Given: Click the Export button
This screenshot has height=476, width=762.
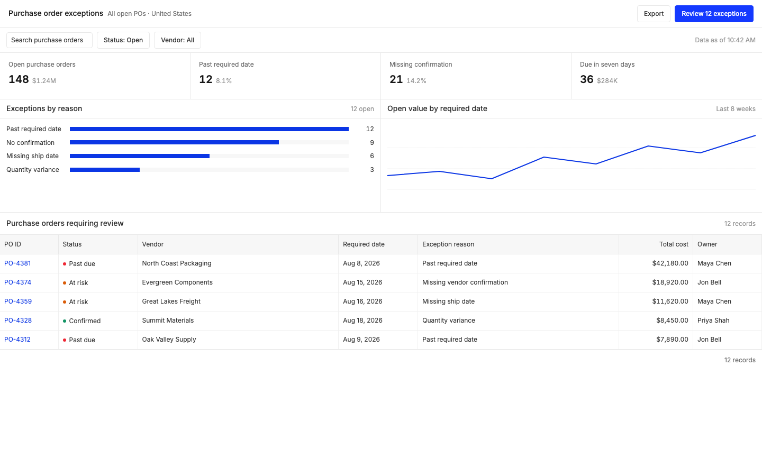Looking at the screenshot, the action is [x=654, y=14].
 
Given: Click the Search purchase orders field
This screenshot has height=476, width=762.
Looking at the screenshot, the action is [x=49, y=40].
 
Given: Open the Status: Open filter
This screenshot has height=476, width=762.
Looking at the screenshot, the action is [x=123, y=40].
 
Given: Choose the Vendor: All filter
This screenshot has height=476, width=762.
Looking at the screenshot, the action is [x=177, y=40].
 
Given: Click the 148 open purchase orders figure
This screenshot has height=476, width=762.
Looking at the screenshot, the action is [x=19, y=79].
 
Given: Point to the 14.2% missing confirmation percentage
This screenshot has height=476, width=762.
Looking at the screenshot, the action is [x=416, y=80].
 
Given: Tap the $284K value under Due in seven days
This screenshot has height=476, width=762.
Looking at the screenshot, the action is [x=607, y=80].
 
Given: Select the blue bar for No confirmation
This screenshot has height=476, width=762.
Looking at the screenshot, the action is [x=174, y=142].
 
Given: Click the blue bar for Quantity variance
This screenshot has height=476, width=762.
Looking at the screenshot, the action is [x=105, y=170].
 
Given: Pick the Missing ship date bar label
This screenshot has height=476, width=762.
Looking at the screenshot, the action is [x=32, y=155].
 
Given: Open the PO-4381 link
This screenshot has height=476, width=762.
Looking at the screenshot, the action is [x=17, y=263].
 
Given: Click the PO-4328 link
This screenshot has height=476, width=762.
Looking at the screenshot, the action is [x=18, y=321].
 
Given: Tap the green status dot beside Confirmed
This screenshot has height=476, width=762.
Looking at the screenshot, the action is [x=65, y=321].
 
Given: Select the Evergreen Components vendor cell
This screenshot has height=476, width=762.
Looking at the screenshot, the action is [x=177, y=282].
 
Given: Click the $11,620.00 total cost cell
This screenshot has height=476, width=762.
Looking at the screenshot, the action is [x=670, y=301].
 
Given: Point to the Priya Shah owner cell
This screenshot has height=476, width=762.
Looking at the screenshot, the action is [x=713, y=321].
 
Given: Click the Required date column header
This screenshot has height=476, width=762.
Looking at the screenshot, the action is [x=364, y=244].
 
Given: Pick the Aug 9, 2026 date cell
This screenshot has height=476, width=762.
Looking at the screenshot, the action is [x=361, y=340].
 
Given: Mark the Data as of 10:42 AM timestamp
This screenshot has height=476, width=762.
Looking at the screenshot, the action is [x=725, y=40].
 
